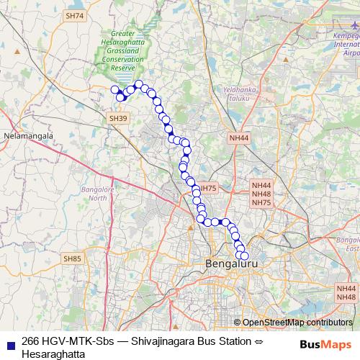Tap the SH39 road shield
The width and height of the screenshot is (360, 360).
117,118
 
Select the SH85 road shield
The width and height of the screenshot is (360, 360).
72,258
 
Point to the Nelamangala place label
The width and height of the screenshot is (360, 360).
29,135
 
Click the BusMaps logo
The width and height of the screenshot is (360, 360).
325,343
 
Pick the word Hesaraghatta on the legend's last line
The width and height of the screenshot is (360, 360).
53,354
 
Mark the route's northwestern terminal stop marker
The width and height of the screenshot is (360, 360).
114,90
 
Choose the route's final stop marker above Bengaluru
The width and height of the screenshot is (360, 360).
243,256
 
